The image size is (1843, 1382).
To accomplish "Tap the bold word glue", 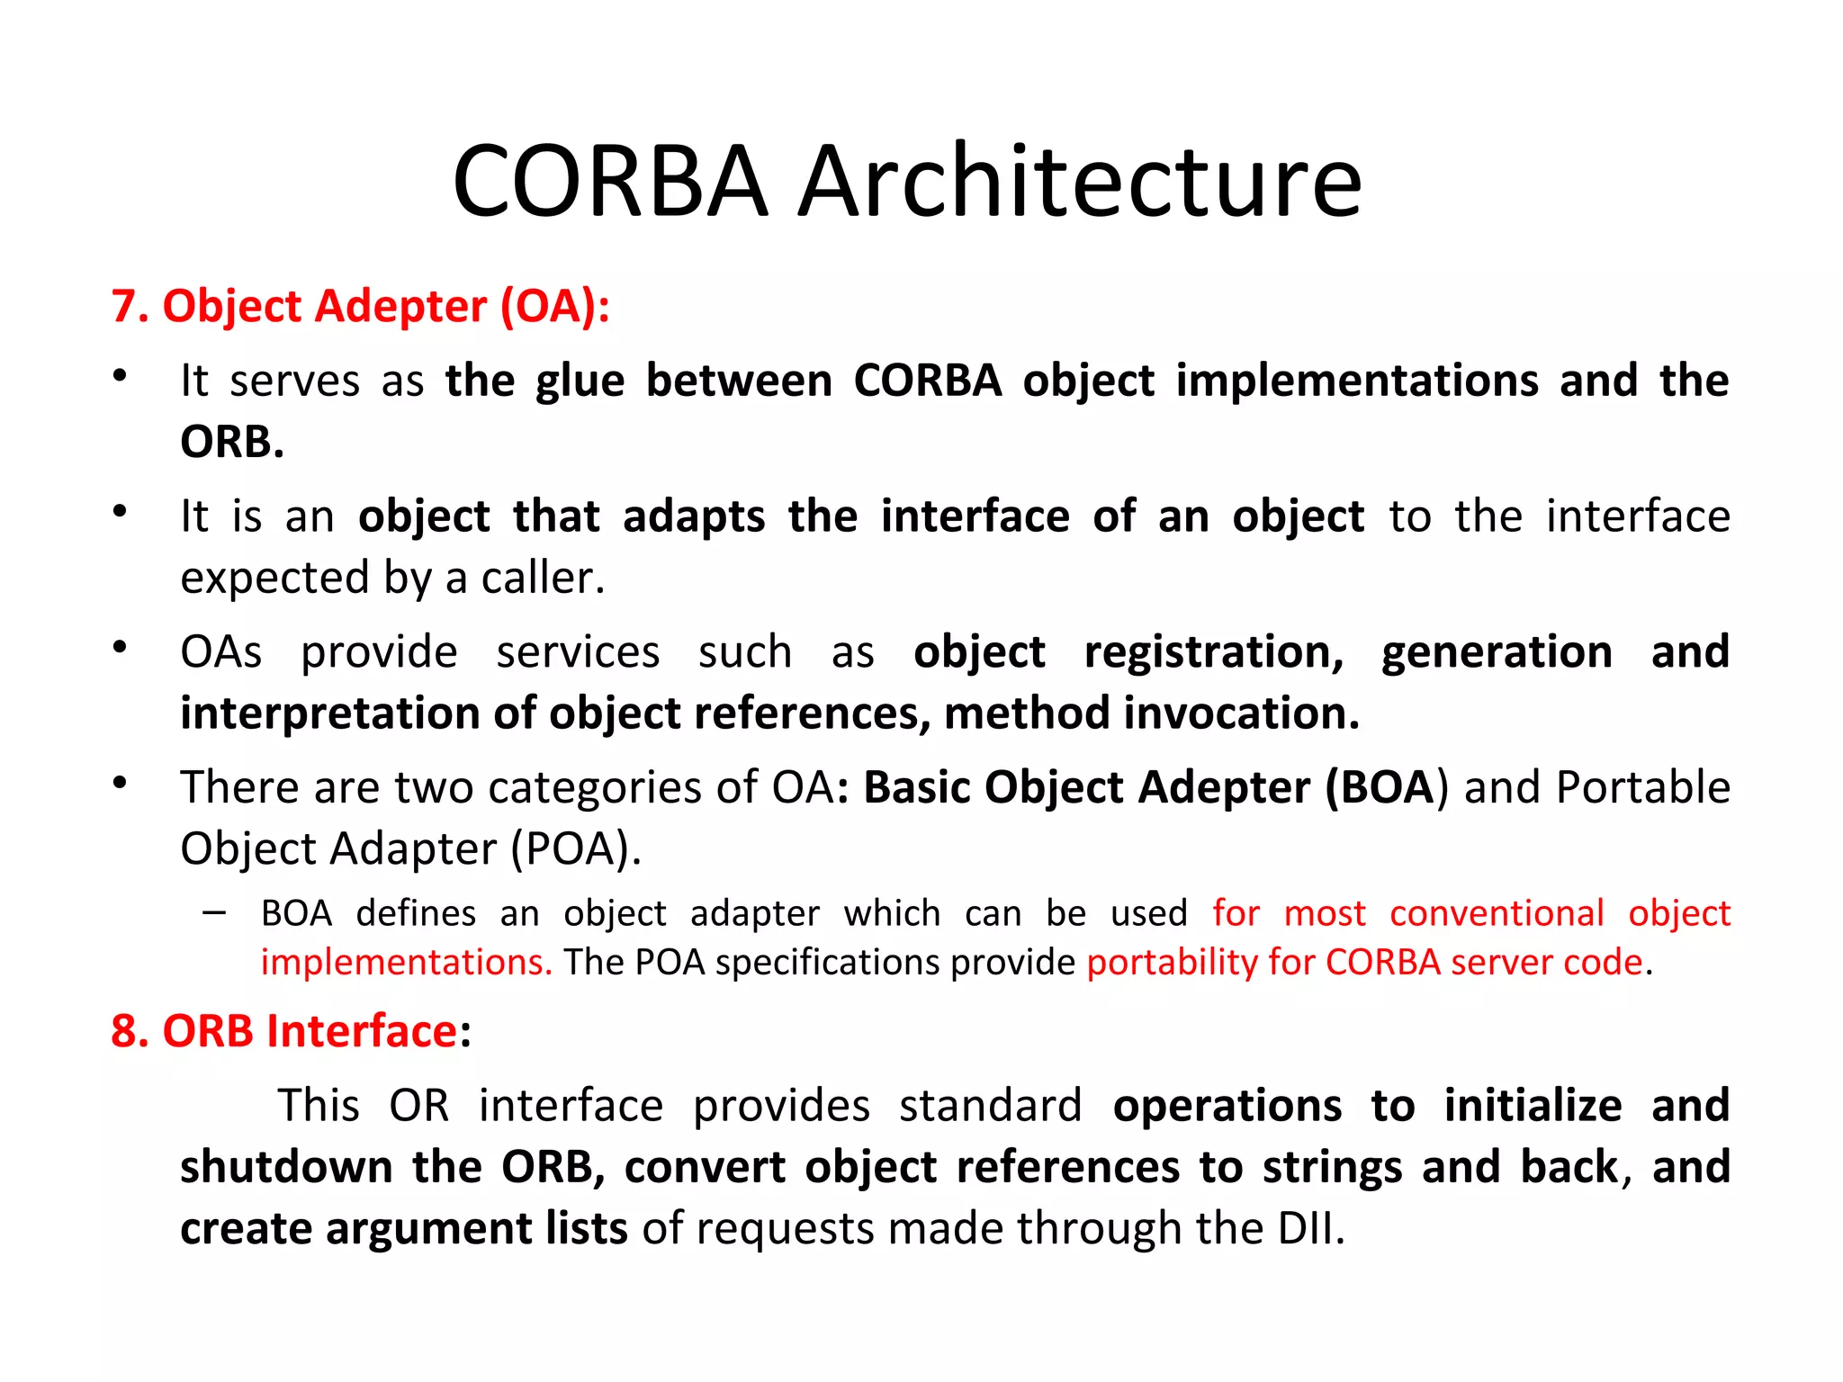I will click(x=580, y=381).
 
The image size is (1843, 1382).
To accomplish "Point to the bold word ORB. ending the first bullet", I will click(x=232, y=443).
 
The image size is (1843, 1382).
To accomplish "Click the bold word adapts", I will click(x=694, y=517).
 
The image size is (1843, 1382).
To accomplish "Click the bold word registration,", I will click(x=1214, y=652).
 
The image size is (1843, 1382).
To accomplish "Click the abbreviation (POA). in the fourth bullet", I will click(x=576, y=849).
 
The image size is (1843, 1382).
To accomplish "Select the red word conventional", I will click(x=1497, y=914).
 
